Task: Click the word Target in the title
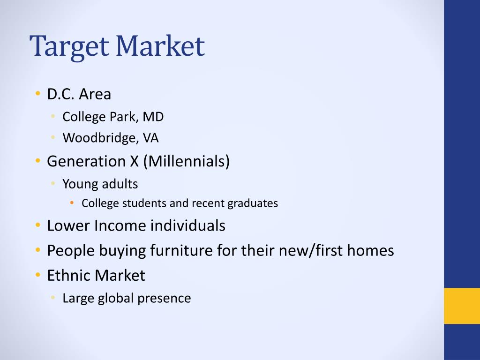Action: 69,46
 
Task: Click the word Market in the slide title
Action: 160,45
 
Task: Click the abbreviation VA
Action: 150,138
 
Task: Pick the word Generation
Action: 86,161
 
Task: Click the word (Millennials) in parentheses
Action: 186,161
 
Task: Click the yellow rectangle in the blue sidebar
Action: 462,306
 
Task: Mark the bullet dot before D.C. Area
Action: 37,93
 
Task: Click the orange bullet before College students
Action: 72,202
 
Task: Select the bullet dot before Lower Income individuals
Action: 37,225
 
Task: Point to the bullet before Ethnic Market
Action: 37,275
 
